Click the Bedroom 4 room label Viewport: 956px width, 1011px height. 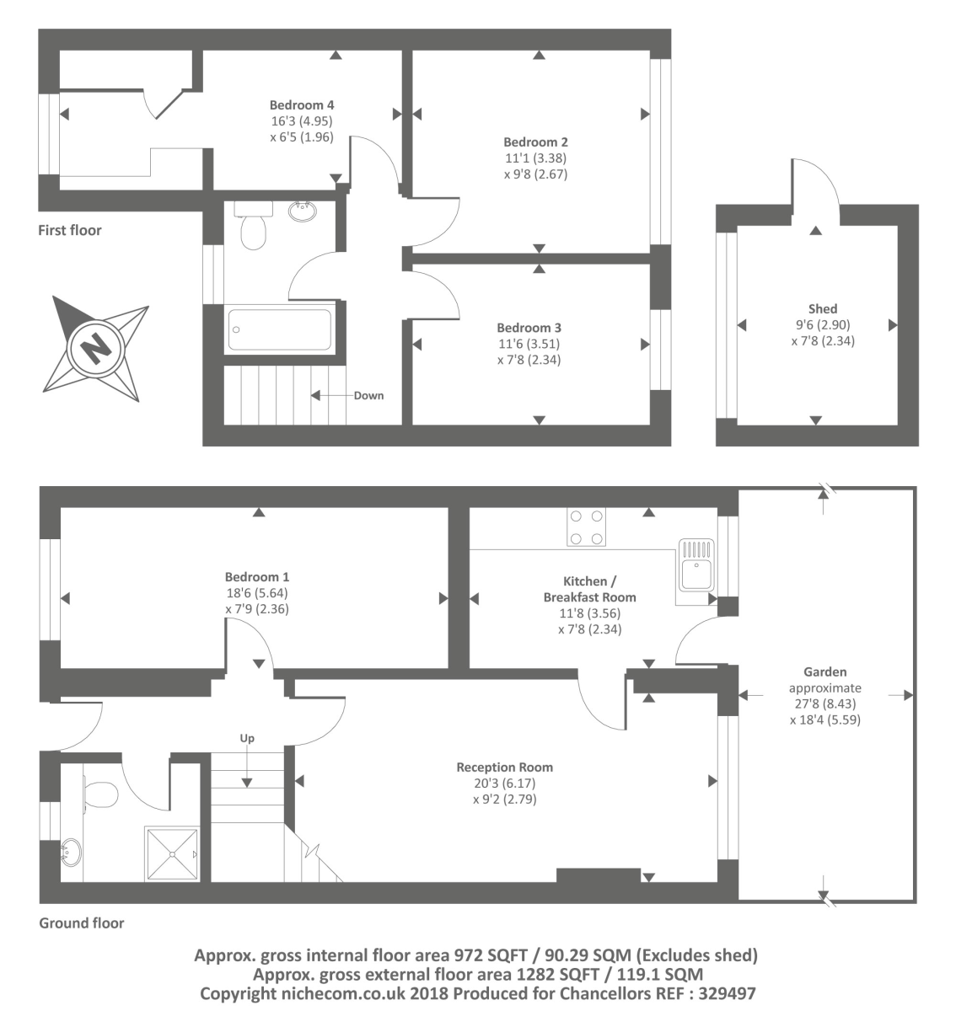click(302, 105)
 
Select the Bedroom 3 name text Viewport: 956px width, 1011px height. click(529, 328)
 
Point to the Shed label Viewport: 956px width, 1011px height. click(822, 309)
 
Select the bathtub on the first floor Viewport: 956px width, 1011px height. click(280, 329)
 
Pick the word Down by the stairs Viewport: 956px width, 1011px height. click(368, 395)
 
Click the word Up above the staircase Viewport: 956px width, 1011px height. click(247, 739)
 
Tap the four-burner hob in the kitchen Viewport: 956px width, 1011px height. click(587, 527)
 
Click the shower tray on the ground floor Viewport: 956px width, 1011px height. click(172, 853)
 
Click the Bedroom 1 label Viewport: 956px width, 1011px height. click(257, 577)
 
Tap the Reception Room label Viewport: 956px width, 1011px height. click(504, 768)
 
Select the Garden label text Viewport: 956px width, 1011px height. click(824, 672)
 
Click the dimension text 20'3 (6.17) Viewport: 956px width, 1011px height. click(504, 784)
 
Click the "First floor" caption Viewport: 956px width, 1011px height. click(69, 230)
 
